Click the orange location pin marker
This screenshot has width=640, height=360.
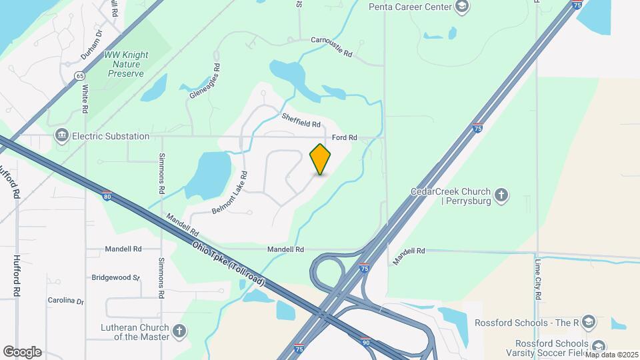[x=321, y=159]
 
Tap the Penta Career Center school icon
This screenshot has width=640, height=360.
[x=461, y=7]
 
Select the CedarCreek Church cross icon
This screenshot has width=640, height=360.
[x=501, y=195]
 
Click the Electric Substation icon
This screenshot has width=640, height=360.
[x=62, y=136]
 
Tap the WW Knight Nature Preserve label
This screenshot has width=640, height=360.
[x=126, y=64]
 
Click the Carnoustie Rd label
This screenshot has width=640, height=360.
[x=331, y=41]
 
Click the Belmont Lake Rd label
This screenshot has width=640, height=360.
[x=231, y=192]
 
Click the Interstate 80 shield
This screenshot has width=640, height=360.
[x=107, y=195]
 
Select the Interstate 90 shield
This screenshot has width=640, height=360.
[x=365, y=341]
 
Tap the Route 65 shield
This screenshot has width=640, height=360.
[x=79, y=76]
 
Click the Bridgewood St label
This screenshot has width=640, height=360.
[x=115, y=277]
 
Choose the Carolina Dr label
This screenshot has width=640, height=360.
[x=66, y=301]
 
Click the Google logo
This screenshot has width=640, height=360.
[x=22, y=351]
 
